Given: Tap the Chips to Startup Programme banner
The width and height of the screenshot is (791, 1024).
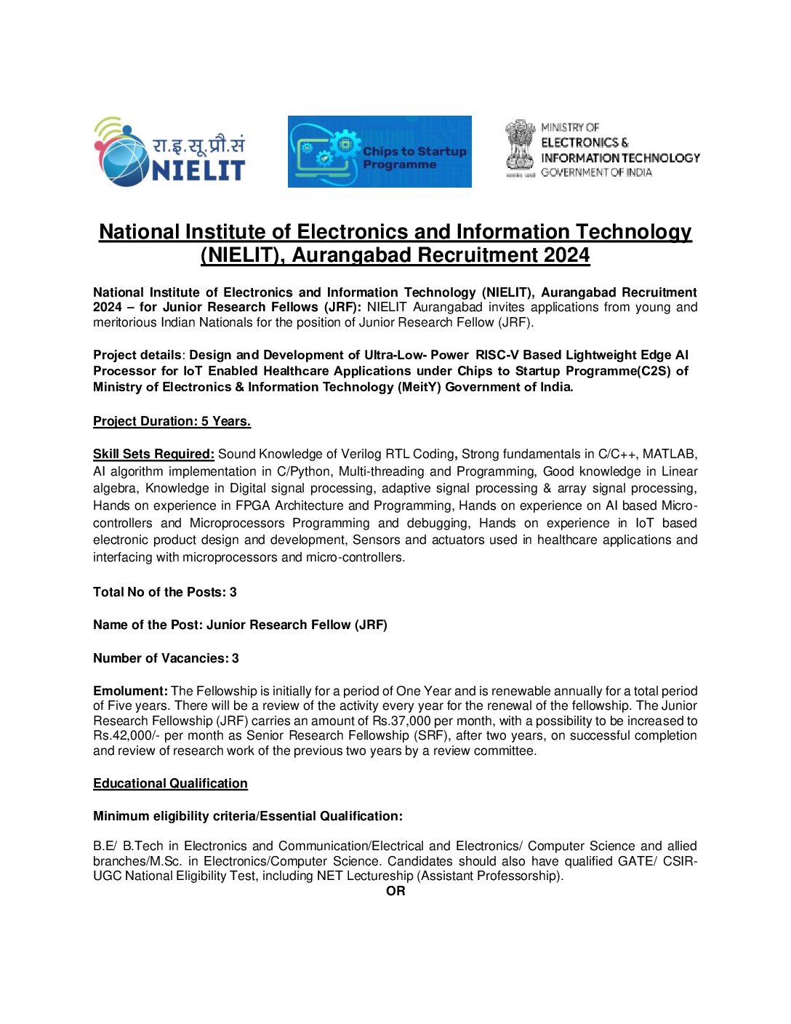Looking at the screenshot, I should [x=380, y=152].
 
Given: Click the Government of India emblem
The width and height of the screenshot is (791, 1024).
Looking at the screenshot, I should [x=520, y=148].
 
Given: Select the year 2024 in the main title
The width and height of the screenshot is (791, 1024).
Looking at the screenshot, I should [x=566, y=255].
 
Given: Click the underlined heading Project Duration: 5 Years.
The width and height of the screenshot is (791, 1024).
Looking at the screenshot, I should [x=172, y=421].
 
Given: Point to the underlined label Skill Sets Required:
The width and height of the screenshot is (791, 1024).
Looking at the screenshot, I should [x=153, y=454].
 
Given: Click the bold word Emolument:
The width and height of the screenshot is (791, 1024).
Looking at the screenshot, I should [x=130, y=691].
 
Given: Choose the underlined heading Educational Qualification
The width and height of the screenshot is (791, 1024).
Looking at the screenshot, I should [x=170, y=783].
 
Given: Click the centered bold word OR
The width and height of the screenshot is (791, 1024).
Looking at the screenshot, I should [x=395, y=891].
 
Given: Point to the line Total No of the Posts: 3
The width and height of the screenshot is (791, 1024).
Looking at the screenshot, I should [x=165, y=592].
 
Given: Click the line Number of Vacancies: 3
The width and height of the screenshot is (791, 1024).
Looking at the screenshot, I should [x=166, y=658].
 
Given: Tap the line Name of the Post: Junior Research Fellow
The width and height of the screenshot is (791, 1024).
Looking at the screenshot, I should [x=240, y=625].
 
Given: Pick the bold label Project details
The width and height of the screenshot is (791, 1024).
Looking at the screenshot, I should [x=137, y=355].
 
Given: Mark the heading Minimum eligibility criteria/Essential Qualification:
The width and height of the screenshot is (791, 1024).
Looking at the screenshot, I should [x=248, y=816].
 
